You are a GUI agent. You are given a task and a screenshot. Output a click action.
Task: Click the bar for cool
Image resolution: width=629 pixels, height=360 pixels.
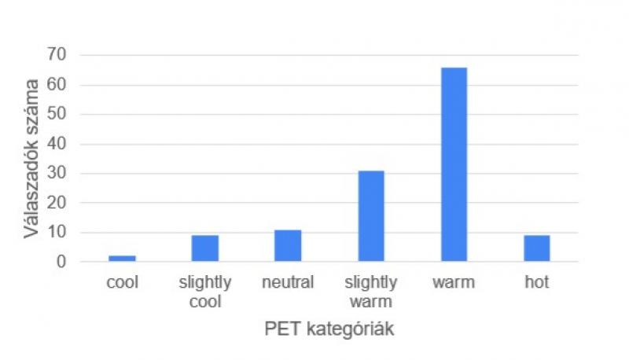[122, 258]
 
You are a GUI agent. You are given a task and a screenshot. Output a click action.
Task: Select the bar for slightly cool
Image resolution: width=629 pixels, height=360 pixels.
[205, 248]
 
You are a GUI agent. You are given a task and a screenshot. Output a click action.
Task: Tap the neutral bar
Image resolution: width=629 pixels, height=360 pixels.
[288, 245]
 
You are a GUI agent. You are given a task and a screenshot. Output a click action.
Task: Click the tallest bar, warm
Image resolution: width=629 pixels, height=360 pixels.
[454, 164]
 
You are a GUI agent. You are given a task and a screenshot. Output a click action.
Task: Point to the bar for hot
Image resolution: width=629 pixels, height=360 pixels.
[537, 248]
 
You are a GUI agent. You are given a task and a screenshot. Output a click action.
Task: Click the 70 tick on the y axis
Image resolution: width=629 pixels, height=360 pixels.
[56, 55]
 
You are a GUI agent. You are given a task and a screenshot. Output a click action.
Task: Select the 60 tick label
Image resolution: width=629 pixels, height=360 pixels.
[56, 85]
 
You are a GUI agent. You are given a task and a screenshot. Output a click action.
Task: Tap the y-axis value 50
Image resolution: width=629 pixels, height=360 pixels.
[56, 114]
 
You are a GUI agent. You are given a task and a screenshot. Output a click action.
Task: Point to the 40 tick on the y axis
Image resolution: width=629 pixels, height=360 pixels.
[56, 144]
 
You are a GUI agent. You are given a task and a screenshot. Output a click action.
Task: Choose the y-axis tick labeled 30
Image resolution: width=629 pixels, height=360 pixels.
[56, 173]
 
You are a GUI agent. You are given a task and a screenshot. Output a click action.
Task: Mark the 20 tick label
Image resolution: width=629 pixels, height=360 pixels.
[56, 203]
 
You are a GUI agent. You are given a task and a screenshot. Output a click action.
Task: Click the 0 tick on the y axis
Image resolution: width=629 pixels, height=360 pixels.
[61, 262]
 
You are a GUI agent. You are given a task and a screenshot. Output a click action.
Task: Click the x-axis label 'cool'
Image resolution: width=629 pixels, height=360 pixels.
[122, 282]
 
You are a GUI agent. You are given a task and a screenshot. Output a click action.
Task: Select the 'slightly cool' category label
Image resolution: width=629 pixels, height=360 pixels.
[205, 292]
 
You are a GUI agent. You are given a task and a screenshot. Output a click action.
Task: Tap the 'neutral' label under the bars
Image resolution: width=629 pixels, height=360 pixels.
[288, 282]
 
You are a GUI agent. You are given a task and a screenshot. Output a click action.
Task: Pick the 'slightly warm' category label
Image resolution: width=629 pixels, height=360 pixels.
[371, 292]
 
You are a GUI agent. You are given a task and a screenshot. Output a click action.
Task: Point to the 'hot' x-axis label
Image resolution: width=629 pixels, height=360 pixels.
[537, 282]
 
